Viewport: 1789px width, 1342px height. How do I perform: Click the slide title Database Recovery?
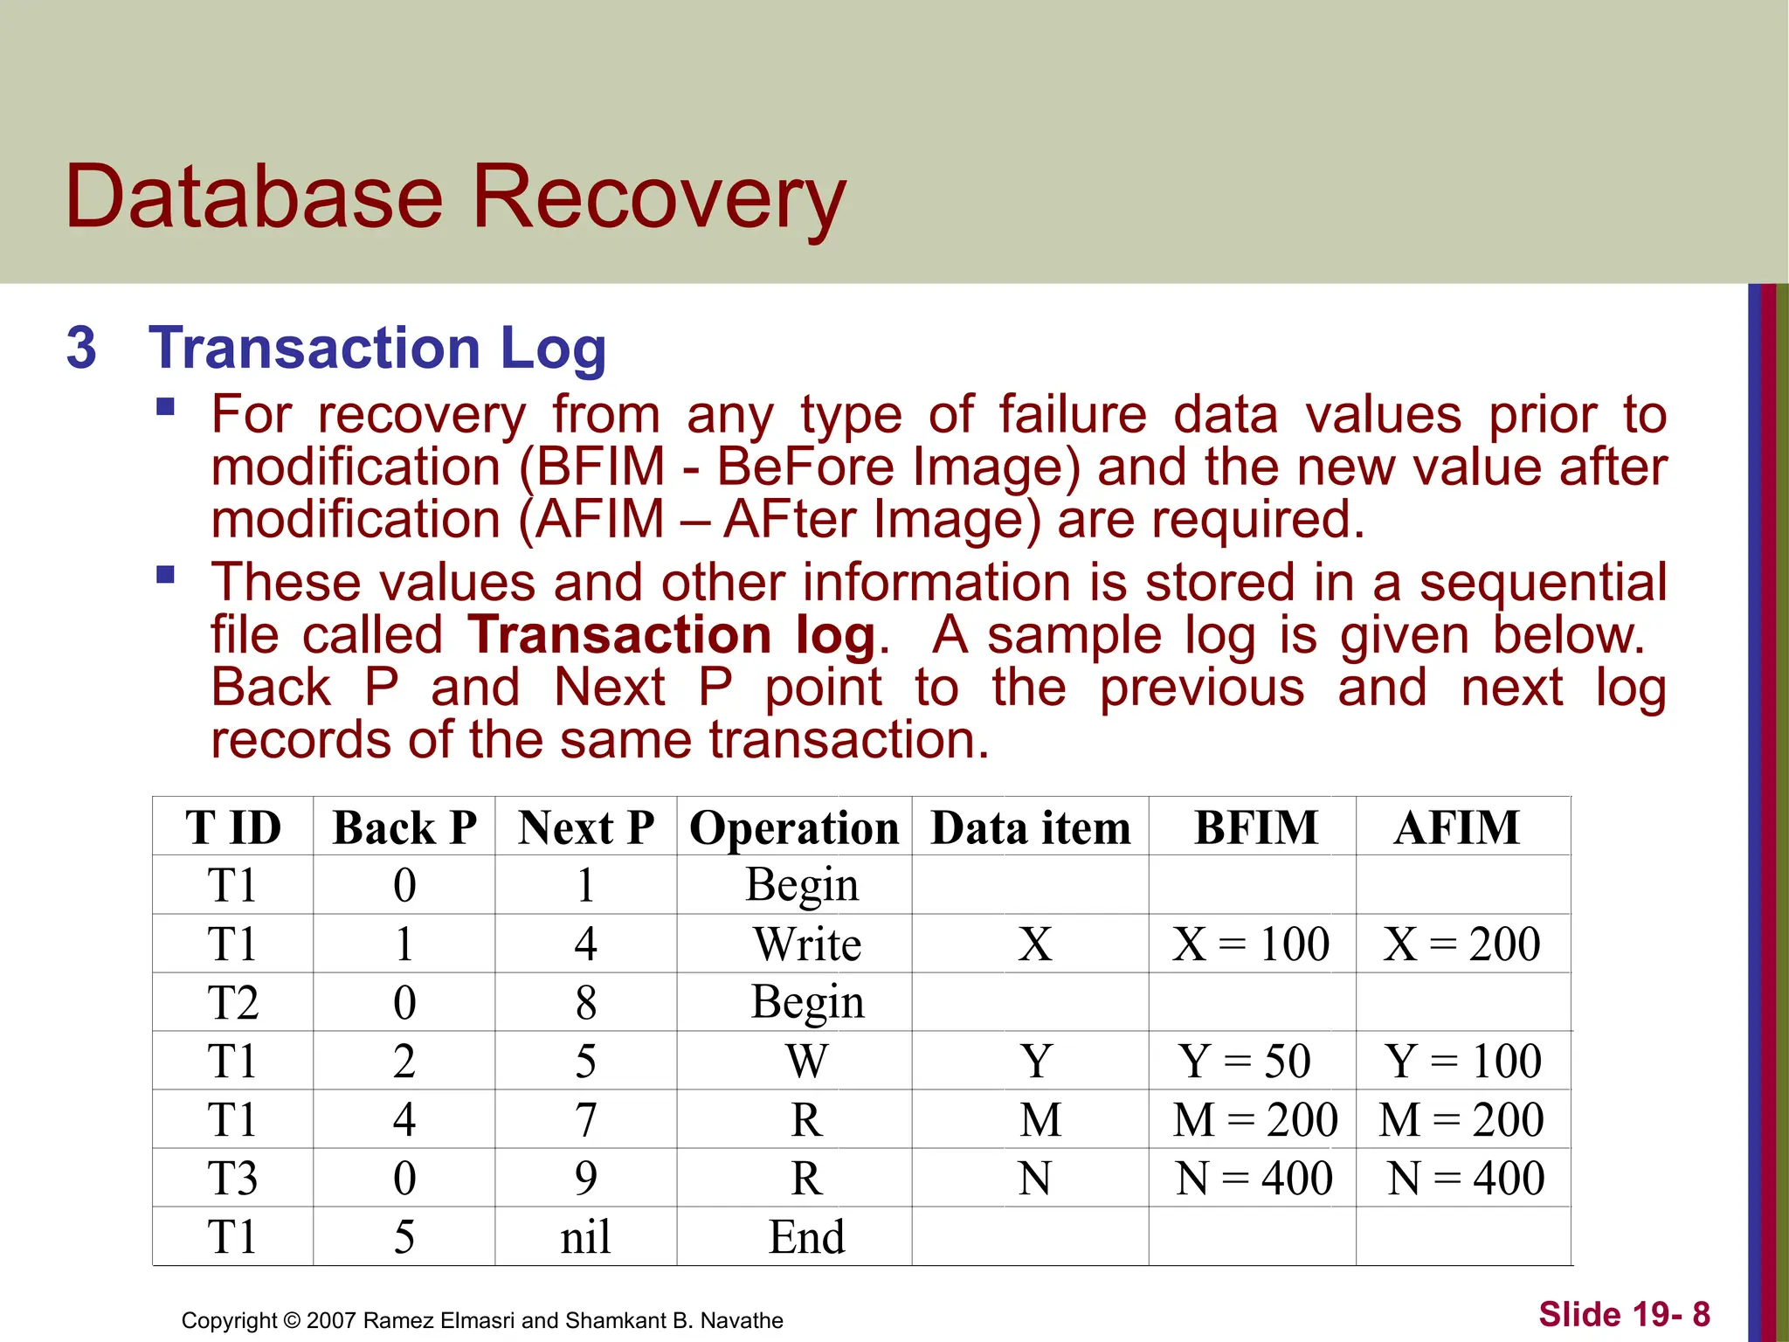coord(455,197)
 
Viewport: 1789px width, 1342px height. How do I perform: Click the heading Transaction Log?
coord(376,348)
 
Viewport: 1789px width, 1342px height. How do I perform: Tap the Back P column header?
coord(404,827)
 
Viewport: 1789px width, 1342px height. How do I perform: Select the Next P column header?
coord(585,827)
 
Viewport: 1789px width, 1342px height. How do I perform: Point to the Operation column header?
coord(794,827)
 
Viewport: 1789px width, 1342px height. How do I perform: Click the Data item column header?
coord(1031,827)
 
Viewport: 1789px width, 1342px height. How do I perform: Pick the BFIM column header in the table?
coord(1255,827)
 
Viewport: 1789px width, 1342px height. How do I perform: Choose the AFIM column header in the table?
coord(1457,827)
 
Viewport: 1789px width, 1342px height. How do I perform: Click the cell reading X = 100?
coord(1251,944)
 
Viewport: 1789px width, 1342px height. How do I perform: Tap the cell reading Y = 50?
coord(1245,1062)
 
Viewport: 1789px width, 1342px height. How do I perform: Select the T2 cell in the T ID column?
coord(232,1003)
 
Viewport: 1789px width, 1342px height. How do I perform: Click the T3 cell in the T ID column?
coord(232,1179)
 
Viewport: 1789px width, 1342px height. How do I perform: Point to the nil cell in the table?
coord(585,1237)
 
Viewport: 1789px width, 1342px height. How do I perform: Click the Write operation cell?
coord(807,944)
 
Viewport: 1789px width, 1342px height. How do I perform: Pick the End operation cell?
coord(806,1237)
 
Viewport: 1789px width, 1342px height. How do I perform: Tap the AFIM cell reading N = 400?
coord(1466,1179)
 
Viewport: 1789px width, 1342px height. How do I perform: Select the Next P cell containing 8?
coord(585,1003)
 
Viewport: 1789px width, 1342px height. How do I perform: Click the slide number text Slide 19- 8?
coord(1624,1314)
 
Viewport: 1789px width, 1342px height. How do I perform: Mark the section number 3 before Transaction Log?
coord(81,348)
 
